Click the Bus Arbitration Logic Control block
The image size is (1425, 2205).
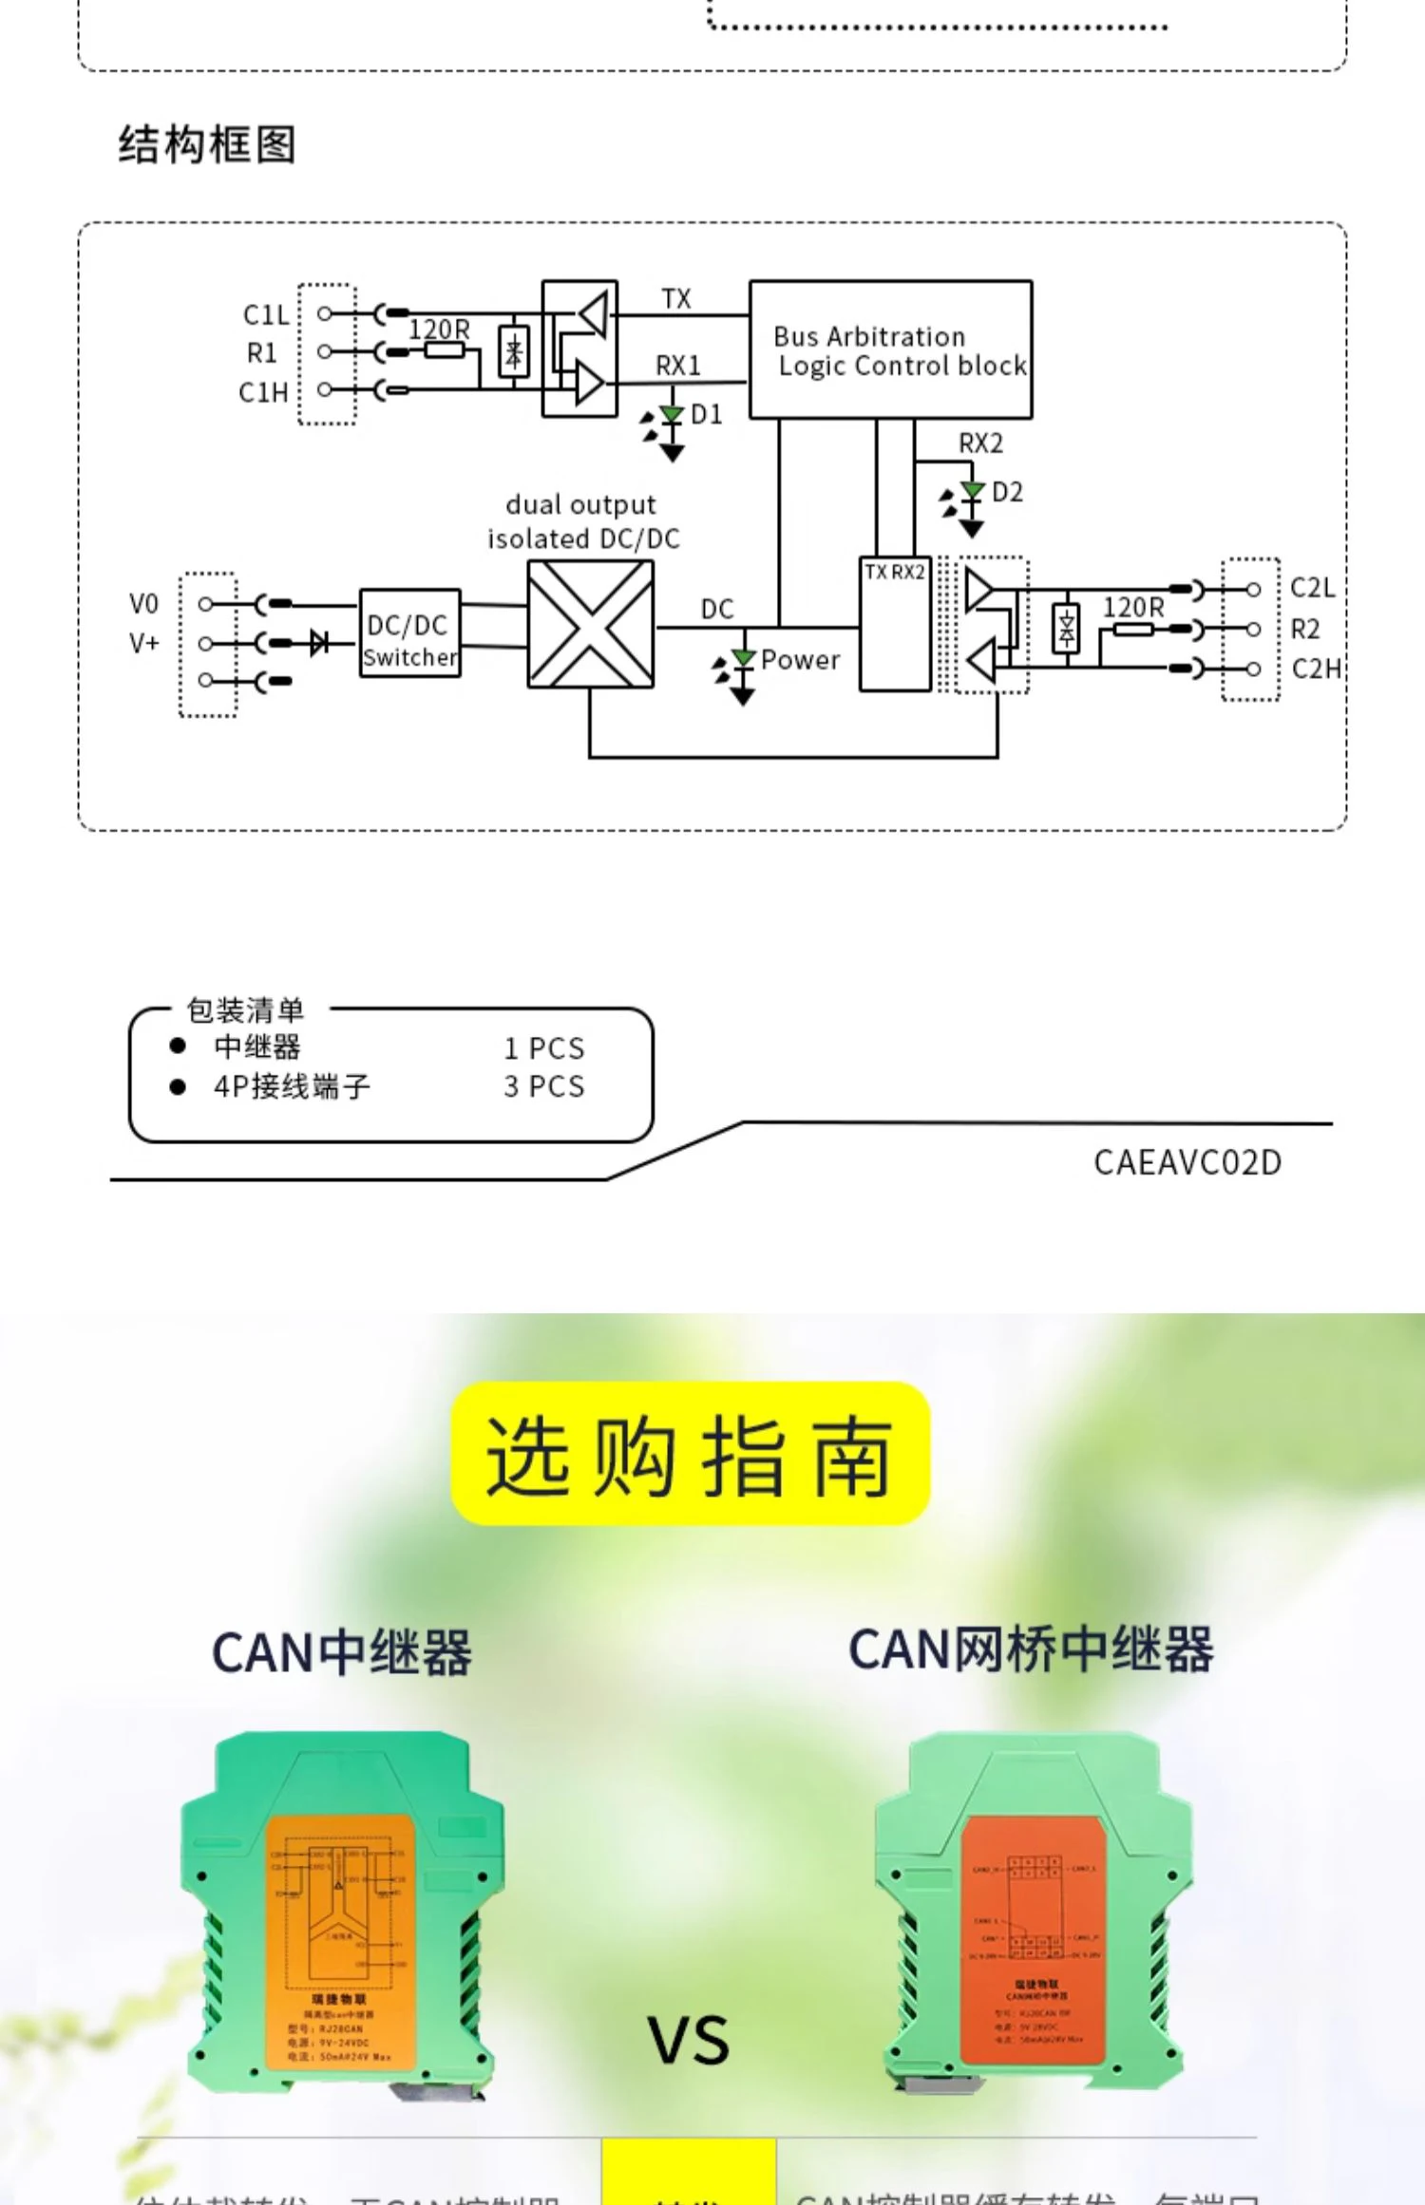890,349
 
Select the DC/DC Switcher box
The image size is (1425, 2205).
409,632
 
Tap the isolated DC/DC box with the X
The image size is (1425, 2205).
590,624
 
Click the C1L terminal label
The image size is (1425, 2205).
265,314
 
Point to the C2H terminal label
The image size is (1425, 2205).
1316,669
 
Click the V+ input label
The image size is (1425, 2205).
144,643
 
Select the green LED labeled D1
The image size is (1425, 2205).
672,415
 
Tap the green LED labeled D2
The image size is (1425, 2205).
971,491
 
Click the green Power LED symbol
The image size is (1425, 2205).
743,659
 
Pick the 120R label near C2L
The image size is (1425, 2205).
1132,607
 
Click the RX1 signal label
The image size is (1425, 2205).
677,366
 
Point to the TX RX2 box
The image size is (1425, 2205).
894,624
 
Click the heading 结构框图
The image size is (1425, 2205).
207,144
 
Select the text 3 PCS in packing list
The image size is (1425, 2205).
543,1086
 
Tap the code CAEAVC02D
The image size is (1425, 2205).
1187,1162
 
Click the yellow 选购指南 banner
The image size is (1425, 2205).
690,1454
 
